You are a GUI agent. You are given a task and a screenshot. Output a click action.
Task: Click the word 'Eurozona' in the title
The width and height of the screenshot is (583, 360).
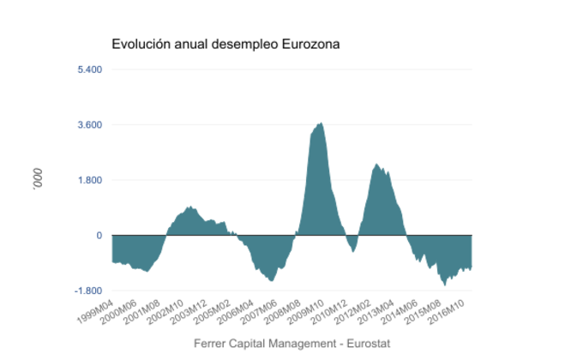(312, 44)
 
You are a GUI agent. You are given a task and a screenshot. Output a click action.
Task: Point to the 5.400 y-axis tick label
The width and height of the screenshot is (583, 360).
(88, 69)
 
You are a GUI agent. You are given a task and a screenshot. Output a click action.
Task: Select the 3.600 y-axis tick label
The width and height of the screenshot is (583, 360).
(88, 125)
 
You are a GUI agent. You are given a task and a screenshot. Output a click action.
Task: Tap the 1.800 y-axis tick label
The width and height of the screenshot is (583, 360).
(88, 180)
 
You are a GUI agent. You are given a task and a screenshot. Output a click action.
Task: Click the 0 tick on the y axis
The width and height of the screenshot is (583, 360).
(99, 236)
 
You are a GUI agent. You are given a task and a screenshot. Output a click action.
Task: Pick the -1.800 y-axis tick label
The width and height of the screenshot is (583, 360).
(87, 291)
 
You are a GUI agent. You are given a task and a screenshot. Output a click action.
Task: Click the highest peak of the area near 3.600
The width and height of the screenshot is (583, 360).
(320, 124)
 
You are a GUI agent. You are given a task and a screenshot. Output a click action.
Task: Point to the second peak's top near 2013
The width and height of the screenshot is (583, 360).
(376, 165)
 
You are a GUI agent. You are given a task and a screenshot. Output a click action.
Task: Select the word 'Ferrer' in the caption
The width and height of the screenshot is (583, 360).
(212, 344)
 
